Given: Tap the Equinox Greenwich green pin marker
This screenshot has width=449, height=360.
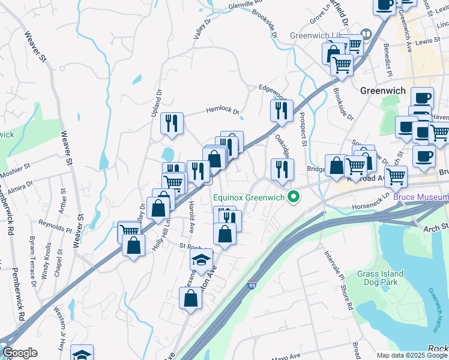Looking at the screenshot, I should pyautogui.click(x=294, y=196).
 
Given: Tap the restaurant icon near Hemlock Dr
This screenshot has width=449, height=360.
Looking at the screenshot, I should pyautogui.click(x=172, y=124).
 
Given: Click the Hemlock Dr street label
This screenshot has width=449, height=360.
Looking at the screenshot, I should pyautogui.click(x=223, y=110).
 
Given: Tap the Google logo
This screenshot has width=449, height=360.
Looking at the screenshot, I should pyautogui.click(x=20, y=353).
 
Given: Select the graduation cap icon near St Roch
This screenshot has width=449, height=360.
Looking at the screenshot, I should pyautogui.click(x=202, y=260).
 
